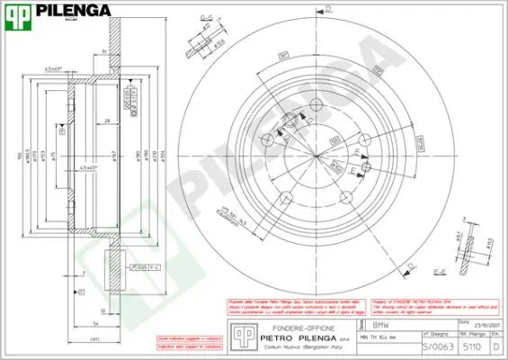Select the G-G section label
(x=206, y=17)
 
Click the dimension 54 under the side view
(x=94, y=321)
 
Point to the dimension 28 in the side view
(x=106, y=120)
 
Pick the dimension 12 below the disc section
(x=104, y=310)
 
